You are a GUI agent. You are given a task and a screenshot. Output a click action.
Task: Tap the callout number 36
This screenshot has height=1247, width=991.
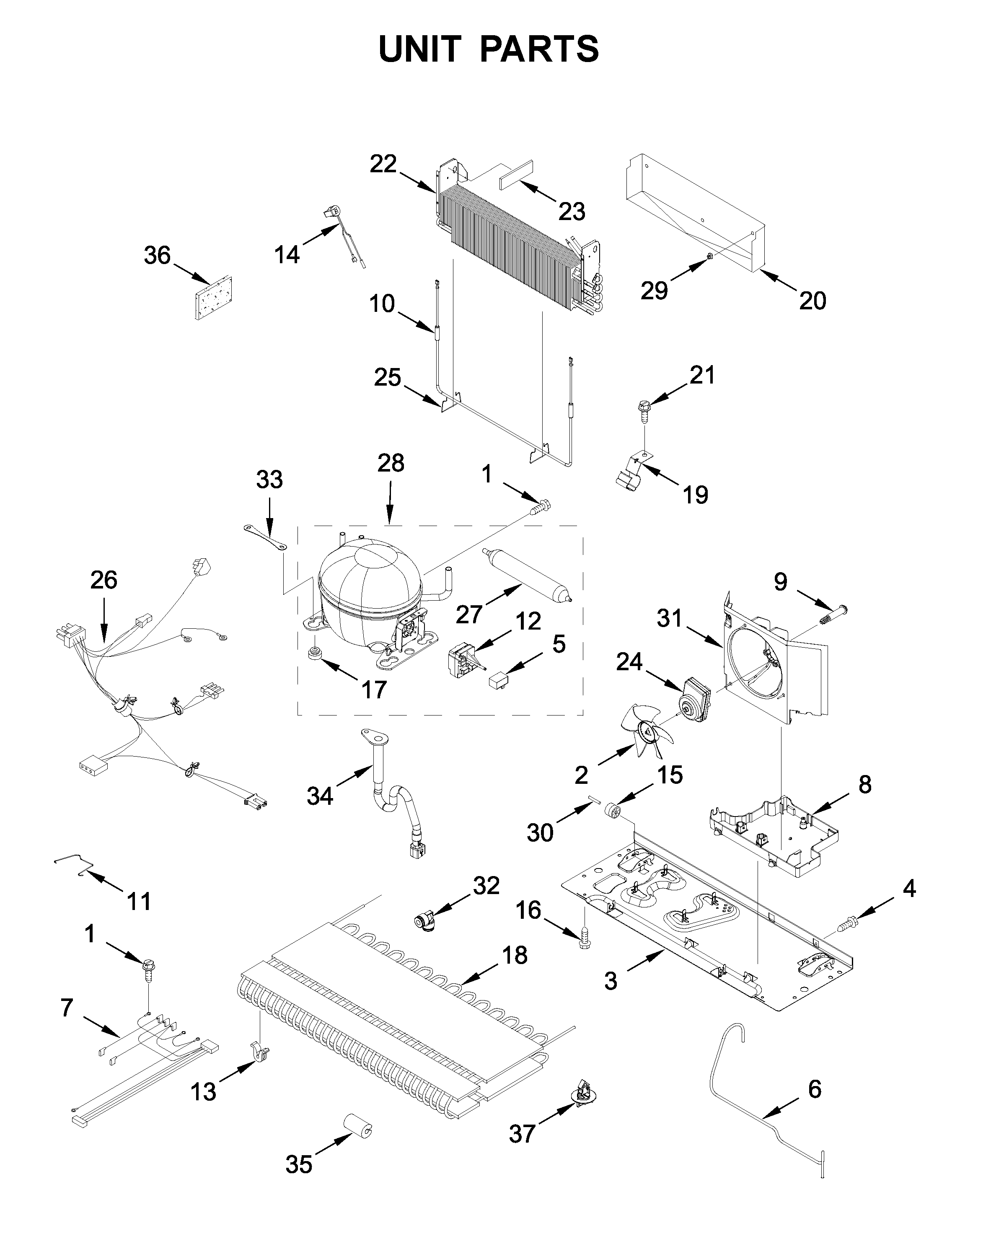[x=157, y=256]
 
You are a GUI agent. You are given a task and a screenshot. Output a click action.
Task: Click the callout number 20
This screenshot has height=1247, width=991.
[x=812, y=301]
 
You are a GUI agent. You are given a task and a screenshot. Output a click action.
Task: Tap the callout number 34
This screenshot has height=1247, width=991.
[x=320, y=796]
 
